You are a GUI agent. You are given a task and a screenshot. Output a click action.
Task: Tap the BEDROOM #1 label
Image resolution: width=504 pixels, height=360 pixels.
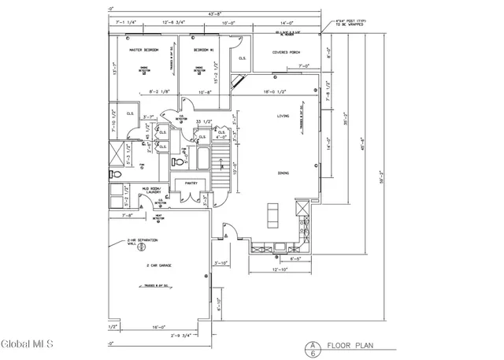tap(206, 50)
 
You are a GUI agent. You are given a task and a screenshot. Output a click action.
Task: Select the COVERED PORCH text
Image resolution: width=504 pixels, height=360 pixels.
tap(287, 52)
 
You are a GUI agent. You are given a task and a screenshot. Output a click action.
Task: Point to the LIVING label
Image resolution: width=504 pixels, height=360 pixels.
tap(283, 116)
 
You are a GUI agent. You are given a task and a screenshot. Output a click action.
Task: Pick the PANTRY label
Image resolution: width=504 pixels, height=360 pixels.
tap(191, 183)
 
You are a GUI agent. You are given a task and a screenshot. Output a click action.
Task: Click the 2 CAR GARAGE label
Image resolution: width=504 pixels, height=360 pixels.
tap(158, 265)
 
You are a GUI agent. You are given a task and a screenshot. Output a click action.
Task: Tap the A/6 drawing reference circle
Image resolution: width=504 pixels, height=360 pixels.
tap(313, 347)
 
